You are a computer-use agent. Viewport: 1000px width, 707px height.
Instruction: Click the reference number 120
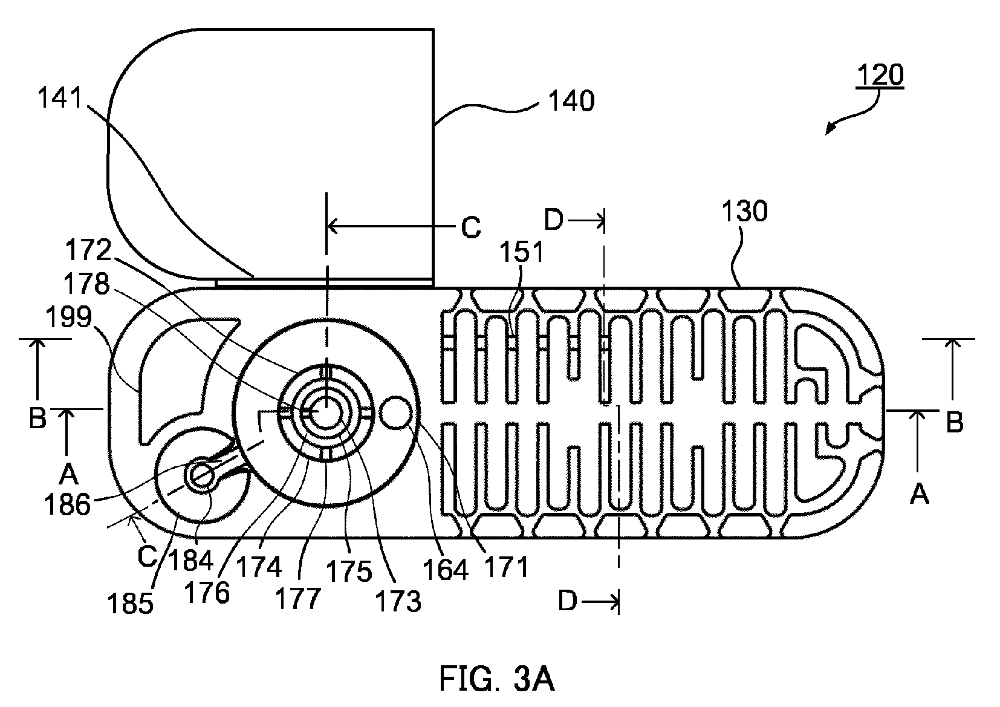click(x=880, y=75)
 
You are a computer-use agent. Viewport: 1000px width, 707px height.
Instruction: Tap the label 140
click(x=571, y=101)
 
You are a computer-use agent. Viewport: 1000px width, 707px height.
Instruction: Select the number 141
click(x=60, y=97)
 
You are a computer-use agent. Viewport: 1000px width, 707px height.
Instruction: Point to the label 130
click(x=744, y=211)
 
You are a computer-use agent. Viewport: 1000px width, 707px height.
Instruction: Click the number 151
click(x=521, y=252)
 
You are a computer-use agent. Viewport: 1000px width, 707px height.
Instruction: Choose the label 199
click(x=69, y=317)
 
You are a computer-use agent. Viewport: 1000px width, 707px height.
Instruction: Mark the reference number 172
click(x=88, y=250)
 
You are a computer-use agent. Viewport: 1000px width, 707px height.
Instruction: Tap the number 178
click(x=86, y=284)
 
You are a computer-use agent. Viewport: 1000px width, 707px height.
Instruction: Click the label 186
click(x=67, y=505)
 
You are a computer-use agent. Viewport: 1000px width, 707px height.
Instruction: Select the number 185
click(x=130, y=604)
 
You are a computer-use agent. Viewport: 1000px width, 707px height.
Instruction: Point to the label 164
click(x=446, y=570)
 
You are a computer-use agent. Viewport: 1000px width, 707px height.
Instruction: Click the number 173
click(x=398, y=601)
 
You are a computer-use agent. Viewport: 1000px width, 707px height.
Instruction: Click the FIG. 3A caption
click(x=497, y=679)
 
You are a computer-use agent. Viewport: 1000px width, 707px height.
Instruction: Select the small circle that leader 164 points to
click(x=395, y=412)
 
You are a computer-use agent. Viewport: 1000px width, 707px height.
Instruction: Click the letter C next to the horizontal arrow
click(x=471, y=227)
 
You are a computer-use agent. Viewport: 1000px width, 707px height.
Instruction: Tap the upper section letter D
click(x=554, y=220)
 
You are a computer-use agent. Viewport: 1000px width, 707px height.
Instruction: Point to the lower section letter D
click(x=567, y=602)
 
